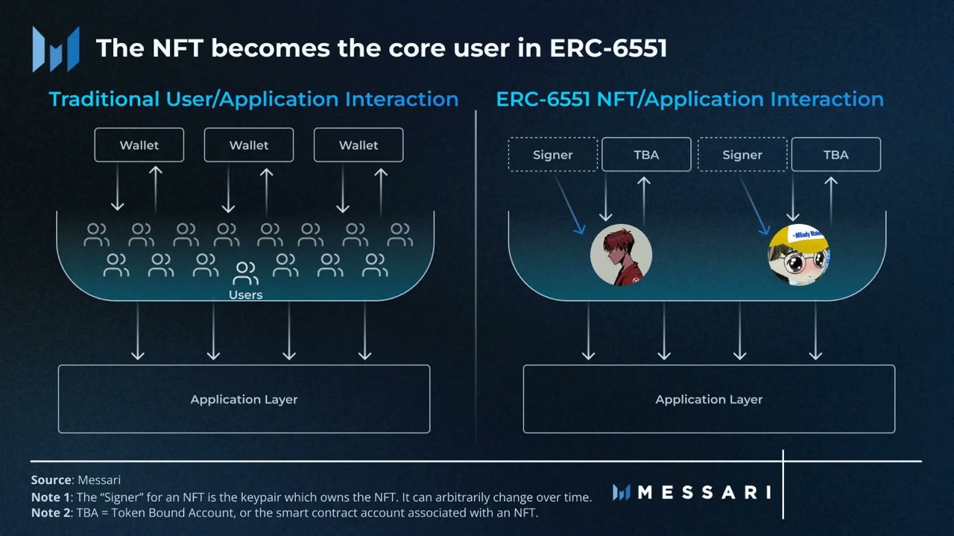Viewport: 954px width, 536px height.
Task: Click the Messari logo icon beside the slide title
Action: click(x=56, y=48)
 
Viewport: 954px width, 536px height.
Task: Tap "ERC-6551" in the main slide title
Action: click(x=608, y=48)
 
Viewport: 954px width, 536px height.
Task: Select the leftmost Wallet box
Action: click(x=139, y=145)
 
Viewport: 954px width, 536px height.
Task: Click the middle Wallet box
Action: click(x=249, y=145)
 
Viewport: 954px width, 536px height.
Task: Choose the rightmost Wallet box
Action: click(x=358, y=145)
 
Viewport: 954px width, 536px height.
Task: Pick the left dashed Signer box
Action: click(x=553, y=155)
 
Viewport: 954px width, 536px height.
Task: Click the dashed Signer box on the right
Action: click(x=742, y=155)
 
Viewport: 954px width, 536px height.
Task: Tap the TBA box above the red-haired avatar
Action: click(x=646, y=155)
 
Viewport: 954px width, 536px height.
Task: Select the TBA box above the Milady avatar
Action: click(x=835, y=155)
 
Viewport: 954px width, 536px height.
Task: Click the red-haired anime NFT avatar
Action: click(x=621, y=255)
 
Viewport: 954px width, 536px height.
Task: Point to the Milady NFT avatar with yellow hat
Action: click(x=798, y=255)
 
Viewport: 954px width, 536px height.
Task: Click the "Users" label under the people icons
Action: click(x=245, y=295)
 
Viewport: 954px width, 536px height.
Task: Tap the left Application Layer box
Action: click(x=244, y=399)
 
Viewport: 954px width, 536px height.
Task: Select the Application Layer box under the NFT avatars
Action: click(x=709, y=399)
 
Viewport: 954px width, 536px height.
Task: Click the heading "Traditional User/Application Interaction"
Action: click(x=253, y=99)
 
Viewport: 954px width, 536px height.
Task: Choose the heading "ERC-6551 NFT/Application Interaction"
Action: click(x=689, y=99)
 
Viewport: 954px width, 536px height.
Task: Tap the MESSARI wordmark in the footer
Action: click(x=704, y=492)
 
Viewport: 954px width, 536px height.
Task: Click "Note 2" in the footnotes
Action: click(x=49, y=513)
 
